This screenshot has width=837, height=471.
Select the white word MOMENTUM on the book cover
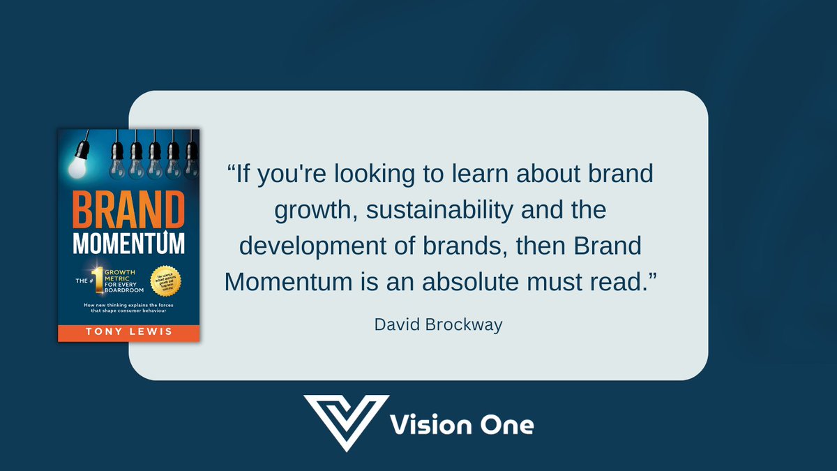[128, 244]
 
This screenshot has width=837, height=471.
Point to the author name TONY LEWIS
[128, 331]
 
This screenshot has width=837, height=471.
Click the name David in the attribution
[396, 325]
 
